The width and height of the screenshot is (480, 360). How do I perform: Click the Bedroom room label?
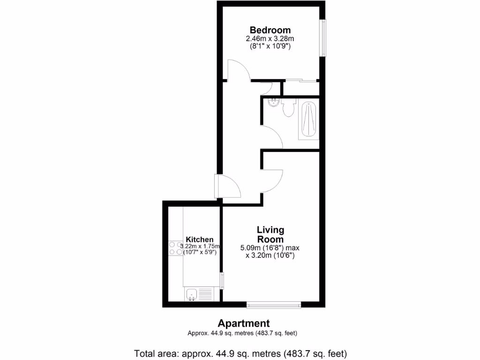pyautogui.click(x=270, y=30)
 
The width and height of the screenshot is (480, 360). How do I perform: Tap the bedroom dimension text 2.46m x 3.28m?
pyautogui.click(x=270, y=39)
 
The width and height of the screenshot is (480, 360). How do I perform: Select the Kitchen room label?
pyautogui.click(x=200, y=239)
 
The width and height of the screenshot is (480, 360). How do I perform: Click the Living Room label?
pyautogui.click(x=270, y=234)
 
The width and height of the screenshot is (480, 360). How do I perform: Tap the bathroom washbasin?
pyautogui.click(x=272, y=103)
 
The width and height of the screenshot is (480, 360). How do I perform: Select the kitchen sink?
pyautogui.click(x=192, y=294)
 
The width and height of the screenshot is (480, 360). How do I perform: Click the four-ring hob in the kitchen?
pyautogui.click(x=175, y=248)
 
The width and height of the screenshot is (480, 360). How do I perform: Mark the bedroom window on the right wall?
pyautogui.click(x=323, y=37)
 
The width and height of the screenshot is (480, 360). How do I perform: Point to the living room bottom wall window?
pyautogui.click(x=274, y=305)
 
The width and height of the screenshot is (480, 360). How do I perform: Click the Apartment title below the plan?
pyautogui.click(x=243, y=323)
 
